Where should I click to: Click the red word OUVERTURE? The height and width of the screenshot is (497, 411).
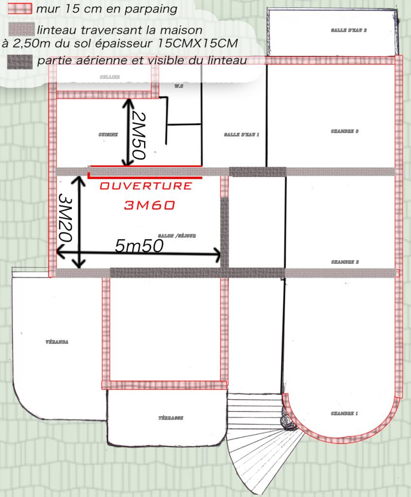146,186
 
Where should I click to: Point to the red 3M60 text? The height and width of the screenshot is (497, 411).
149,205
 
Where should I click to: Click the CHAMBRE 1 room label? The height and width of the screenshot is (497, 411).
345,414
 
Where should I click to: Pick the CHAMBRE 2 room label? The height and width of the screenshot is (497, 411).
345,262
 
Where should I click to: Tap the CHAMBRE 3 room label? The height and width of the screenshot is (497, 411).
345,132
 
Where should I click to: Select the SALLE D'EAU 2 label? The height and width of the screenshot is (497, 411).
348,30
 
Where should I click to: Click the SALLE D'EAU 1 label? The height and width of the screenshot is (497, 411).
242,134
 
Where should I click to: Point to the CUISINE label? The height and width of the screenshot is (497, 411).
108,134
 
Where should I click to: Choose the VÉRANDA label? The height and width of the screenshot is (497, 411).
57,342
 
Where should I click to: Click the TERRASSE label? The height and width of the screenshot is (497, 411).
171,418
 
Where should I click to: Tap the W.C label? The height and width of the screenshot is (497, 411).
178,86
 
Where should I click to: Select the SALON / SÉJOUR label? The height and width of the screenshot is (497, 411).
180,236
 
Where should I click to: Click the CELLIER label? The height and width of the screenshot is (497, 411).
110,77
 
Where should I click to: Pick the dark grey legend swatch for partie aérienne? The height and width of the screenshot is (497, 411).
21,61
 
